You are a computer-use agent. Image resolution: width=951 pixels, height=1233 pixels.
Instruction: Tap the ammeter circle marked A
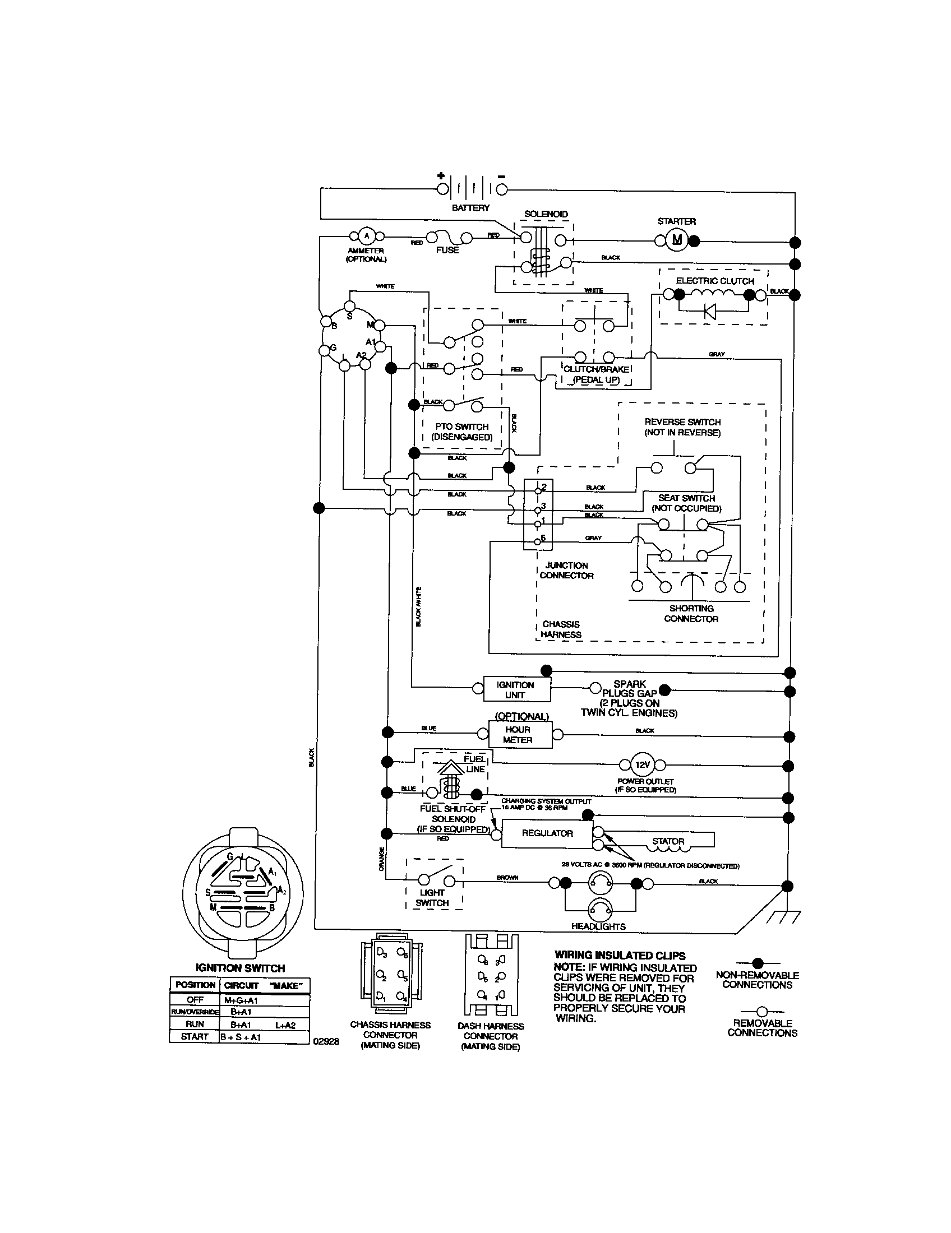pyautogui.click(x=366, y=235)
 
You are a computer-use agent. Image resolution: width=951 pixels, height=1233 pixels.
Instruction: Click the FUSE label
pyautogui.click(x=447, y=250)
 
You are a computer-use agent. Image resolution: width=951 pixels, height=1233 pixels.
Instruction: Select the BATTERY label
pyautogui.click(x=470, y=208)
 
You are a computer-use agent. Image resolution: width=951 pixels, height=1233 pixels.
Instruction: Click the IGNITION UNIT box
pyautogui.click(x=516, y=689)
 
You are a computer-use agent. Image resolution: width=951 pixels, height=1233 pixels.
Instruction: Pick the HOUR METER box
pyautogui.click(x=520, y=735)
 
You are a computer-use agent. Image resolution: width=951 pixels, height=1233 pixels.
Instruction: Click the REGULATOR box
pyautogui.click(x=547, y=833)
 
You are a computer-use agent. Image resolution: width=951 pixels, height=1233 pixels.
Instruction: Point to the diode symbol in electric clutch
pyautogui.click(x=710, y=311)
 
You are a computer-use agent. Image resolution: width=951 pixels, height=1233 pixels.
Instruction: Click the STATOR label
pyautogui.click(x=668, y=841)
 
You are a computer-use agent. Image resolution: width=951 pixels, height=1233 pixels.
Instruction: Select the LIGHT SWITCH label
pyautogui.click(x=432, y=897)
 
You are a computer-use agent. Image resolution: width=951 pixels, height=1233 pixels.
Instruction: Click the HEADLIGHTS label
pyautogui.click(x=598, y=926)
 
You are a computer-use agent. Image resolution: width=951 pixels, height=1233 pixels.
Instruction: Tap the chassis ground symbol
pyautogui.click(x=784, y=916)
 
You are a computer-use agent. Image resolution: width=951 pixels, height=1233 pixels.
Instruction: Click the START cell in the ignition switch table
pyautogui.click(x=194, y=1036)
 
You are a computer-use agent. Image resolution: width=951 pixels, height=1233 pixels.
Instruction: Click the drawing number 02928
pyautogui.click(x=326, y=1042)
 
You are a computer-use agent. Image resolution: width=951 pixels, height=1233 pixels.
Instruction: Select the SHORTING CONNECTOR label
pyautogui.click(x=691, y=614)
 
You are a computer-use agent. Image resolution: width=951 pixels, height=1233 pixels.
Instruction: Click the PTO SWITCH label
pyautogui.click(x=462, y=432)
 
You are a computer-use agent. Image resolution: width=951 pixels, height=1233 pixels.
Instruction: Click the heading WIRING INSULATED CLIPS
pyautogui.click(x=620, y=955)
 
